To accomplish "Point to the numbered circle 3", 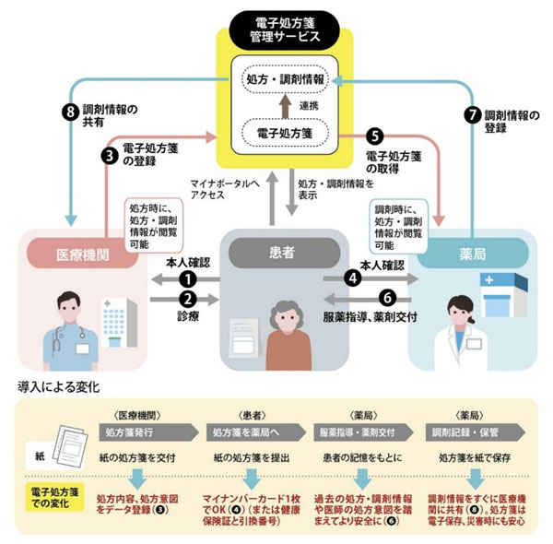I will tap(109, 156).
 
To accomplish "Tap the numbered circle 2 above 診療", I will tap(188, 299).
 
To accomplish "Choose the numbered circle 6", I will tap(388, 298).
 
